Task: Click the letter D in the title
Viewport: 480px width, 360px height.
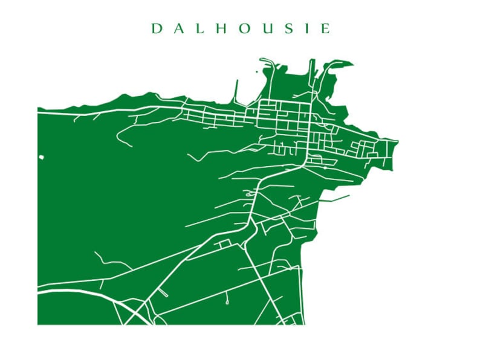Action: point(156,28)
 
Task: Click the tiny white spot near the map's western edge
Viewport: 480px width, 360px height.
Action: point(41,158)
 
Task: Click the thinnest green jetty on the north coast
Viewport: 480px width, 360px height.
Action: point(236,91)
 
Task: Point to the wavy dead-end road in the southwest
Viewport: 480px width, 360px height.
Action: point(112,262)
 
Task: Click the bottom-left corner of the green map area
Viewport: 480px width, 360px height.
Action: point(38,324)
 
